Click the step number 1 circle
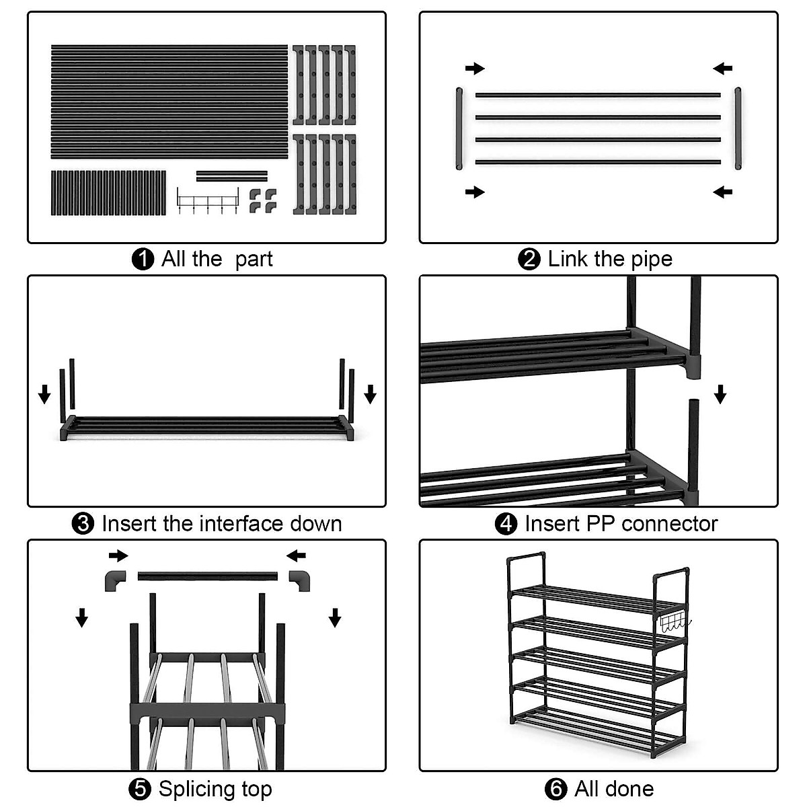point(143,259)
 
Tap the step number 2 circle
point(529,259)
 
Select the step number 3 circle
point(83,523)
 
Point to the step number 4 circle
point(506,523)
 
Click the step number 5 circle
point(139,789)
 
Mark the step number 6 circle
point(556,789)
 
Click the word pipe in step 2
point(651,260)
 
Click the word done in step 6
point(631,789)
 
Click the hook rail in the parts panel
point(208,200)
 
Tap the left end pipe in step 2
point(459,128)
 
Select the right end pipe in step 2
point(738,128)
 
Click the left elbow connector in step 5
point(115,579)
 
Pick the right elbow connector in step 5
point(300,579)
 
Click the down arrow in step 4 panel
point(720,394)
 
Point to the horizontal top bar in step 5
point(207,576)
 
